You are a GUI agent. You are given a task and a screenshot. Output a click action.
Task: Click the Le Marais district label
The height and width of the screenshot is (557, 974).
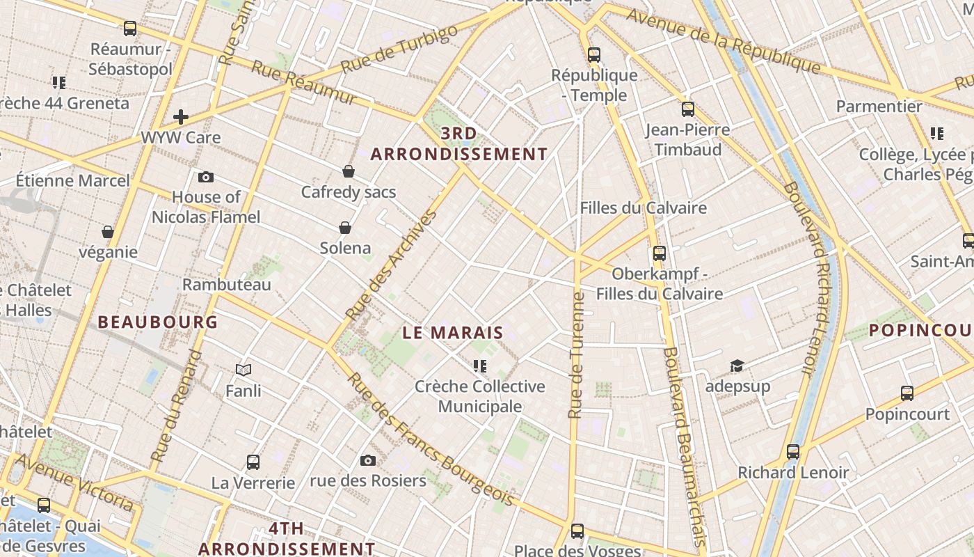(x=452, y=333)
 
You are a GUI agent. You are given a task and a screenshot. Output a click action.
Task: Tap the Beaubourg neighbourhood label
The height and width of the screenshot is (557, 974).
(x=158, y=322)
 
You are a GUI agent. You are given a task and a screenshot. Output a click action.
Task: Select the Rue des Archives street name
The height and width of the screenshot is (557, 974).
(x=393, y=265)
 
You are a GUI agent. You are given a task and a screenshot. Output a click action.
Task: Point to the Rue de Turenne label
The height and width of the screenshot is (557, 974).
(x=575, y=355)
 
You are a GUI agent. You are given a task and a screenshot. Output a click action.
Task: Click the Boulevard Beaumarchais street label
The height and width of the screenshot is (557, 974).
(x=684, y=446)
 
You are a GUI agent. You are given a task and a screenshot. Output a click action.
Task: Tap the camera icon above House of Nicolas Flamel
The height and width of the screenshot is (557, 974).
(x=206, y=178)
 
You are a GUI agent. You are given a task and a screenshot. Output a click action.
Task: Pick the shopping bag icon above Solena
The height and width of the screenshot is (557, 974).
(x=345, y=228)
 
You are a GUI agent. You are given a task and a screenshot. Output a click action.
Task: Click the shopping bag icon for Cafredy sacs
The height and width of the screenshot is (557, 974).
(x=349, y=171)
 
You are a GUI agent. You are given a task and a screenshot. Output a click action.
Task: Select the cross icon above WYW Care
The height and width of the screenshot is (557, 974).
(x=181, y=117)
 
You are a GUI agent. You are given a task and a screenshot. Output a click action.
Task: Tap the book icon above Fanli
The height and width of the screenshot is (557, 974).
(x=243, y=370)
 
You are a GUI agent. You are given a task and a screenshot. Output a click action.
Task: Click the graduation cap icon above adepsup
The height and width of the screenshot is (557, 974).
(x=737, y=366)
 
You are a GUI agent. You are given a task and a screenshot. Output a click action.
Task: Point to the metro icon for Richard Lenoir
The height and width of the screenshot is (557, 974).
(x=793, y=452)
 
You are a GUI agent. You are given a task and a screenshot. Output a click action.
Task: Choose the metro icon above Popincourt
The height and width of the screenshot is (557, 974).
(x=907, y=393)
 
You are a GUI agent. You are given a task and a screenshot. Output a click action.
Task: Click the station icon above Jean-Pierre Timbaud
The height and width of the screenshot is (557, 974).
(x=687, y=109)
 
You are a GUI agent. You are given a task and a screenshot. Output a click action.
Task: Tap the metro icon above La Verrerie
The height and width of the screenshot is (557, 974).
(x=253, y=462)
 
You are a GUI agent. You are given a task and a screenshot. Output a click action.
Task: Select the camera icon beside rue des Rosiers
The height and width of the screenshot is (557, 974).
(x=368, y=460)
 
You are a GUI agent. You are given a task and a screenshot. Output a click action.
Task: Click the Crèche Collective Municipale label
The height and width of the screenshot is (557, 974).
(x=480, y=396)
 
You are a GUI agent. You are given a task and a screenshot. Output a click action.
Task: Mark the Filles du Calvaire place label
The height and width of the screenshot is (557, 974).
(x=643, y=207)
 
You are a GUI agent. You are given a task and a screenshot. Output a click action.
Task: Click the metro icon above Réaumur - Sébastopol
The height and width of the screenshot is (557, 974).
(x=130, y=29)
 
